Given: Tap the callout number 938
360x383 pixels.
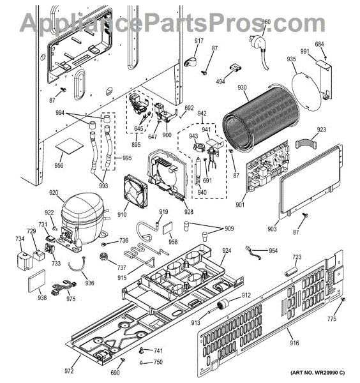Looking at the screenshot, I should click(42, 297).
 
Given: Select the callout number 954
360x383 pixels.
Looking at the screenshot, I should click(273, 251).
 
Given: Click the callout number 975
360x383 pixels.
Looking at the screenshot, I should click(71, 299).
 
